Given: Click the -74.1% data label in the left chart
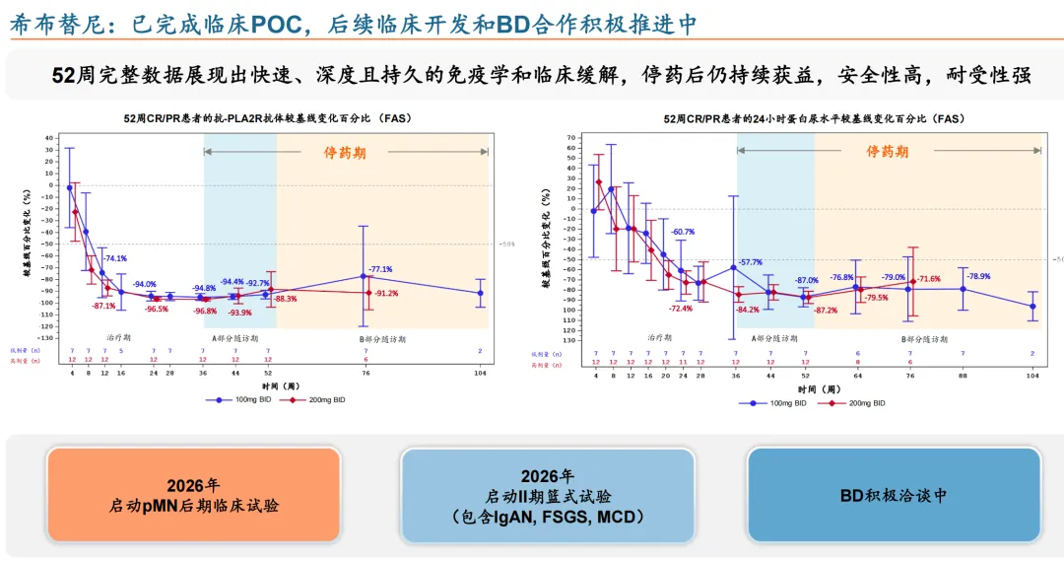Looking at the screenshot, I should tap(114, 258).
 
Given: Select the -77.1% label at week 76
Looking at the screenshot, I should tap(380, 269).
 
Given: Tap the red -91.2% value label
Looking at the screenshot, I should tap(386, 293).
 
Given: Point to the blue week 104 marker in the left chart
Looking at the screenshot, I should tap(481, 293).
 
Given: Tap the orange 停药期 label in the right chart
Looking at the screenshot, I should tap(888, 152).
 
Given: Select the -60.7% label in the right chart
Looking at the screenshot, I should tap(683, 232).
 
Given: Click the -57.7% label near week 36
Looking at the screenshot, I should tap(751, 261).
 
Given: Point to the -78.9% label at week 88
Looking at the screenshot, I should tap(978, 277).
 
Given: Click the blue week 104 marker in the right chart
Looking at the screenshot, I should tap(1032, 307).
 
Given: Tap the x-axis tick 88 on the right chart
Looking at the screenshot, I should tap(963, 377).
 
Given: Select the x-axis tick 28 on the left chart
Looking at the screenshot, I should tap(169, 374).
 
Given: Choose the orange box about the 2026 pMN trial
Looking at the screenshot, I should tap(194, 495).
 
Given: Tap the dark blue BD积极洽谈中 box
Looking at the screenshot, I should tap(894, 495).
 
